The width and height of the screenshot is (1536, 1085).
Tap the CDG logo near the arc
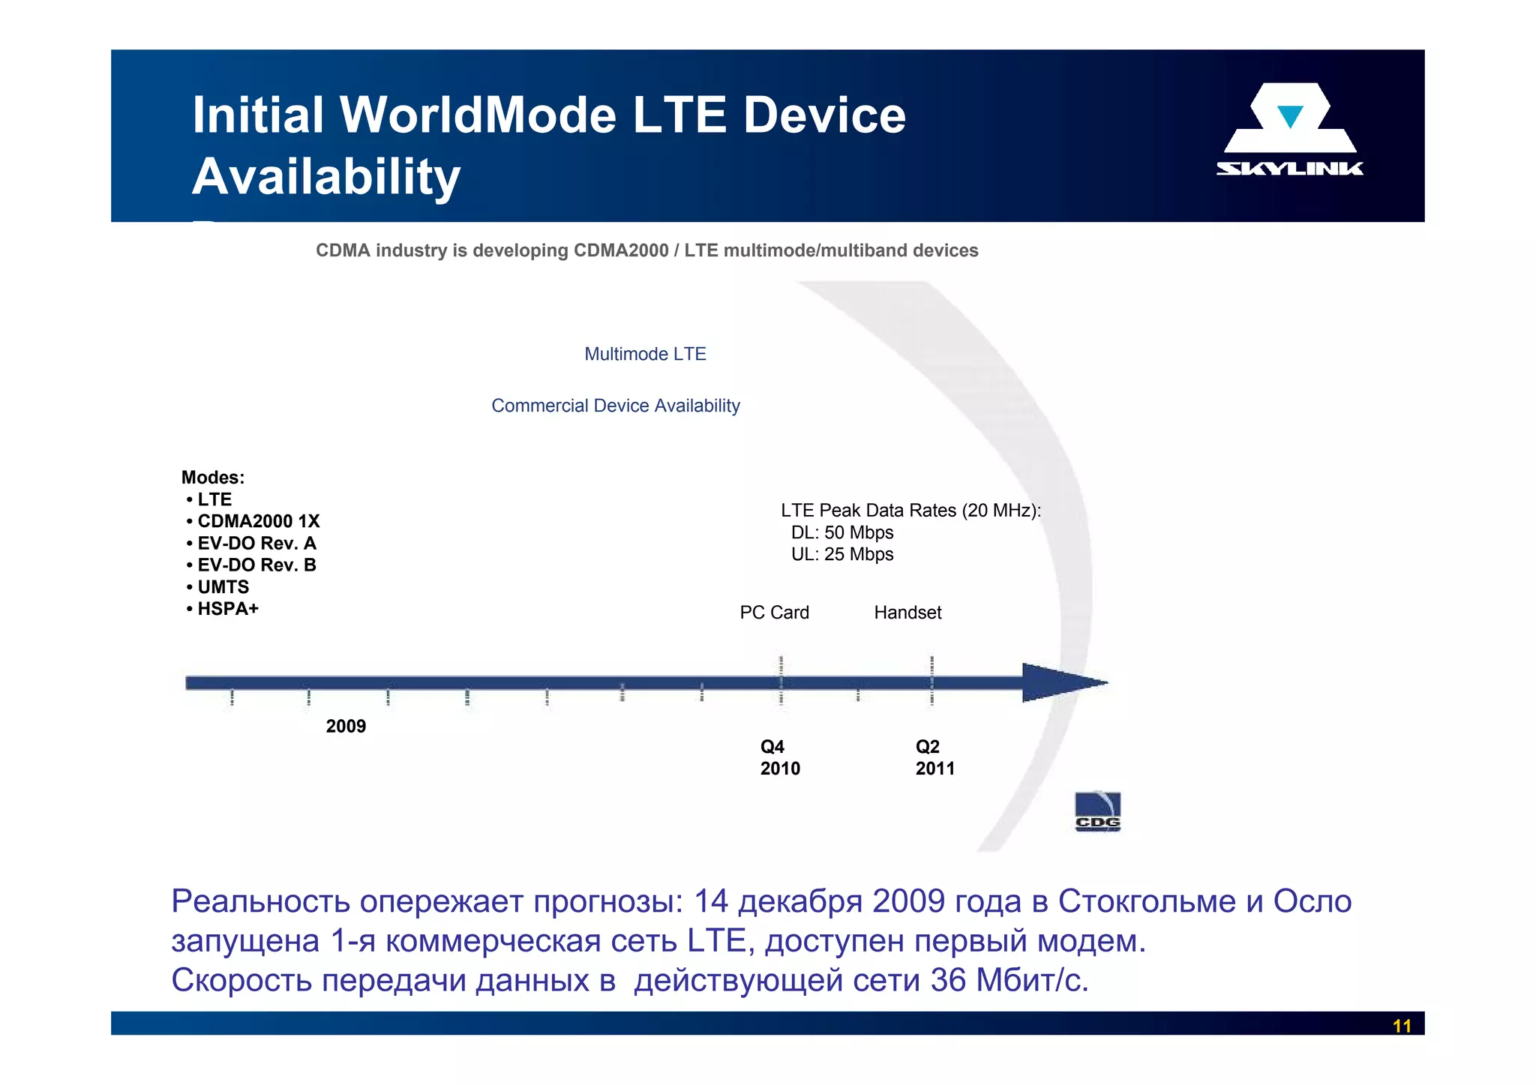[1097, 812]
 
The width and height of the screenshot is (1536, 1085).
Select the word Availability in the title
[326, 177]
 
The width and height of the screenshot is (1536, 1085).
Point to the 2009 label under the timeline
[346, 726]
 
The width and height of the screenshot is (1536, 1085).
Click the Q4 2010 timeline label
[779, 757]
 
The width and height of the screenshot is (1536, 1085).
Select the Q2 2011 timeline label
[934, 757]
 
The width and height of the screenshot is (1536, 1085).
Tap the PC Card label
[774, 613]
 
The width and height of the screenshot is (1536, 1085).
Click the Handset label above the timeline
[907, 613]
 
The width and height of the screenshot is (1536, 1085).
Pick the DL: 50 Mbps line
[842, 532]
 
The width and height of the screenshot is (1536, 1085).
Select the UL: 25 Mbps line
[842, 554]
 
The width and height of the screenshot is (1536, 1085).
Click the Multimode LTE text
[645, 354]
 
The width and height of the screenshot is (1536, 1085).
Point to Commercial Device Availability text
[615, 406]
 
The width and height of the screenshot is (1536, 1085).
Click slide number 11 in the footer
[1402, 1026]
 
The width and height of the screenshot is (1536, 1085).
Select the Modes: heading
[213, 478]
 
